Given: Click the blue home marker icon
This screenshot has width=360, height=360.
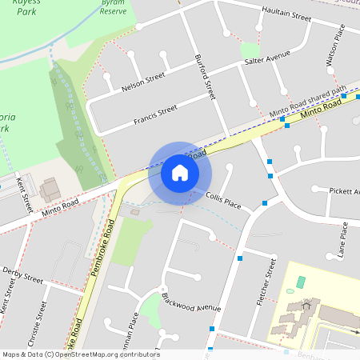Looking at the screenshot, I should click(x=179, y=172).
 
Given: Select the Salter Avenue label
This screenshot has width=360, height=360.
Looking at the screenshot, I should click(x=266, y=61).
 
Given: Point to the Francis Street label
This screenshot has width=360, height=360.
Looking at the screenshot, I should click(x=155, y=114).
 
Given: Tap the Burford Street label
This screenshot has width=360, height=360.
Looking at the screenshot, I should click(x=206, y=77).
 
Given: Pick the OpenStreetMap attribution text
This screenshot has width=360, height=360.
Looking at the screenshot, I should click(x=80, y=354).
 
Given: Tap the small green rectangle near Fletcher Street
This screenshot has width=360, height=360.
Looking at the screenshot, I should click(x=301, y=282).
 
